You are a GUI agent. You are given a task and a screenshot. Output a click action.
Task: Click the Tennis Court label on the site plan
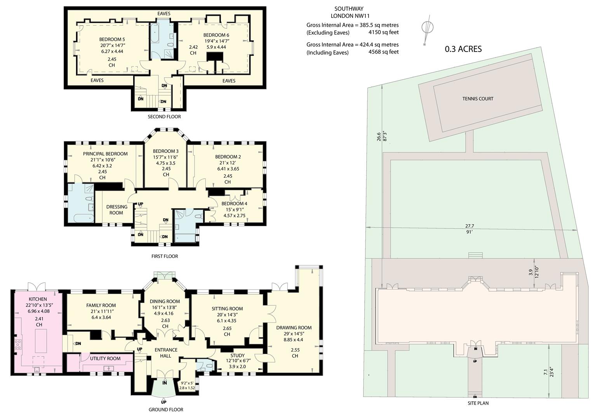point(478,99)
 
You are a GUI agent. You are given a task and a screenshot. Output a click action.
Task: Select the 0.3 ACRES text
point(463,49)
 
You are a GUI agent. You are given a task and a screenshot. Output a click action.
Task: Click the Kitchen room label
point(38,299)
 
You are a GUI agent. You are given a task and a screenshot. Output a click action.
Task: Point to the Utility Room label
point(105,358)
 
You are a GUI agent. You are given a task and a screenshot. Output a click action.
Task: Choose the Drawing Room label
point(294,327)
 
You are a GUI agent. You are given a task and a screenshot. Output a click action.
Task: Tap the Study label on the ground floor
point(237,355)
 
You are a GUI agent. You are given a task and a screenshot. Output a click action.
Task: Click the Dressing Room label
point(117,210)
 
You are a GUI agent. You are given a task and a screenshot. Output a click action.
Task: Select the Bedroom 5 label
point(112,40)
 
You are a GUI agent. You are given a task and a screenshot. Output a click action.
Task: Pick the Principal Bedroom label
point(105,154)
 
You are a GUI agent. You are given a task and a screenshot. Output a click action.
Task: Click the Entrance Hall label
point(166,353)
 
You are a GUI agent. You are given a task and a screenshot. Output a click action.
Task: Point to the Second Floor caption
point(164,117)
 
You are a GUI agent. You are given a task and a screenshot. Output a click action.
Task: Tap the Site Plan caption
point(478,403)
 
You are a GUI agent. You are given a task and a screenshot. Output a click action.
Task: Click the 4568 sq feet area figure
point(384,52)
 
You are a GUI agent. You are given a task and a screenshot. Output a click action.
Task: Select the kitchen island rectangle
point(41,341)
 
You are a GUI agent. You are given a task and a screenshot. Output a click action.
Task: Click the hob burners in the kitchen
point(18,345)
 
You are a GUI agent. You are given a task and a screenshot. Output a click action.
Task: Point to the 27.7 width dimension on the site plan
point(470,226)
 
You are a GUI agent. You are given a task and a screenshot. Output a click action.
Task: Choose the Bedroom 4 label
point(234,203)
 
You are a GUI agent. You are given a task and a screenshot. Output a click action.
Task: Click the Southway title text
point(349,9)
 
